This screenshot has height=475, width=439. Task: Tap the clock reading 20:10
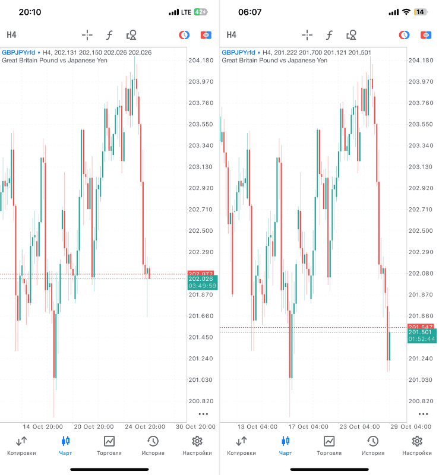tap(27, 12)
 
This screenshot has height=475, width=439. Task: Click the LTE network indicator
tap(187, 12)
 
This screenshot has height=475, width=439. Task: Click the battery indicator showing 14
tap(421, 12)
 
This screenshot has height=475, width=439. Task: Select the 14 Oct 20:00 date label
tap(43, 426)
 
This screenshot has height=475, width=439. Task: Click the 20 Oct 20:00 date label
tap(94, 426)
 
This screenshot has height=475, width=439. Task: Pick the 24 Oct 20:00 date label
tap(144, 426)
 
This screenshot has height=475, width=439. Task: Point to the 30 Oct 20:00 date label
tap(195, 426)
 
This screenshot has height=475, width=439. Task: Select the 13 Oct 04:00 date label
tap(257, 426)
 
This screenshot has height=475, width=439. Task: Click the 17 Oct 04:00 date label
tap(308, 426)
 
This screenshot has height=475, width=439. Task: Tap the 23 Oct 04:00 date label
tap(359, 426)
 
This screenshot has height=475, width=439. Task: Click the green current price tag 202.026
tap(201, 279)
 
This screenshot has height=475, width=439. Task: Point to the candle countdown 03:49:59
tap(202, 286)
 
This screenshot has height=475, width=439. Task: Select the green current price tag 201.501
tap(420, 332)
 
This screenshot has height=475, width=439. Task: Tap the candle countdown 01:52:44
tap(421, 339)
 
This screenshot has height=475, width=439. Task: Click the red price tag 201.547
tap(420, 327)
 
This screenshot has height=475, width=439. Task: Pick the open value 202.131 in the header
tap(65, 52)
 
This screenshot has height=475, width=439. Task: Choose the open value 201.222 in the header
tap(285, 52)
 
